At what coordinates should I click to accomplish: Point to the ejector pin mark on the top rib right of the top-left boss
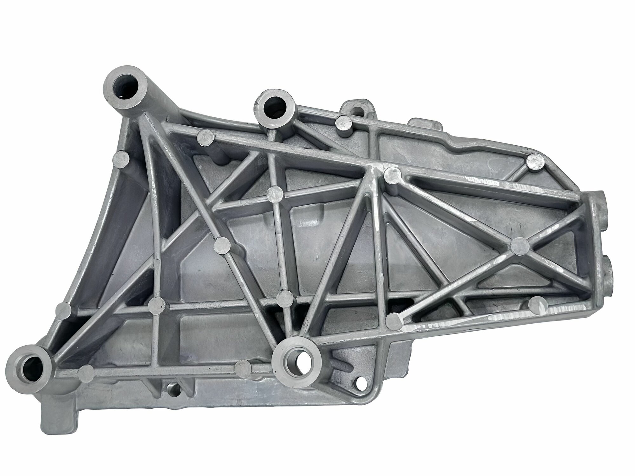coord(205,137)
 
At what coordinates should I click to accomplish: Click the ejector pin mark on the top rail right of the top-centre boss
coord(343,122)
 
